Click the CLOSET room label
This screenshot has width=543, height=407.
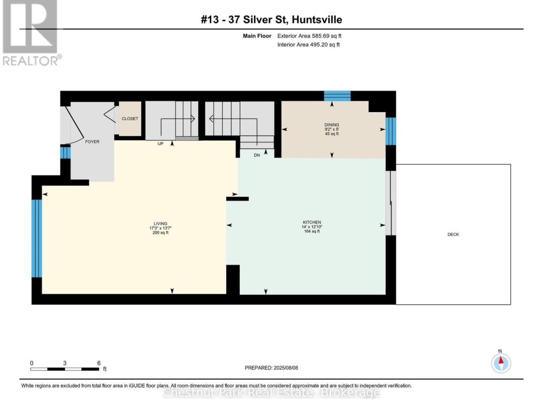(130, 119)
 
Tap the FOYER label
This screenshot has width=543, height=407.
(92, 142)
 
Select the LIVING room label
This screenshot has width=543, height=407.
(160, 224)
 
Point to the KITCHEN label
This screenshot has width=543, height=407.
(312, 222)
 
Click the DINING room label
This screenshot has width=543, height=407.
(332, 125)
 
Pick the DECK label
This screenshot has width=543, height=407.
(453, 234)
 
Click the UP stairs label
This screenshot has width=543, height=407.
(160, 144)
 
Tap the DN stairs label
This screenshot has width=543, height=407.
(257, 155)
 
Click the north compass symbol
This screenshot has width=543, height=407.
(501, 363)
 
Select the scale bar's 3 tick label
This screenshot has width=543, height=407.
(65, 363)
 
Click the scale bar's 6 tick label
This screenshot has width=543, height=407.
(99, 363)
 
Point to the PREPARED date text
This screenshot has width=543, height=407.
(271, 368)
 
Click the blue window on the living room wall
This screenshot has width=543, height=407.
(37, 239)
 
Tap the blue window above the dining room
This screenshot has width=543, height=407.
(337, 96)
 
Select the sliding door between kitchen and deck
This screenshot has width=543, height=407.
(391, 203)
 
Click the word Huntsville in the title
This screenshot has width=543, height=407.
(317, 20)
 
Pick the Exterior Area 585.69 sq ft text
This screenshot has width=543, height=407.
(309, 36)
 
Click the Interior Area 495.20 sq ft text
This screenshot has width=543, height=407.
(309, 45)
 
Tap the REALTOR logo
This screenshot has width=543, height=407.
(31, 33)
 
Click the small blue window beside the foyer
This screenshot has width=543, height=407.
(65, 152)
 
